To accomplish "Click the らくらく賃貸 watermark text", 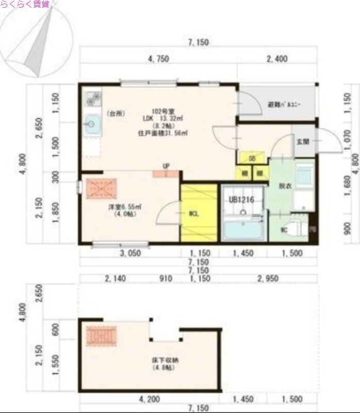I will [24, 4].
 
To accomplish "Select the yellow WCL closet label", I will [194, 213].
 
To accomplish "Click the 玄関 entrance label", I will [302, 142].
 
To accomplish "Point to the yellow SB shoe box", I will [252, 158].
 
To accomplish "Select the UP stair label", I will [166, 166].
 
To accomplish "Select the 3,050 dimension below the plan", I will [130, 253].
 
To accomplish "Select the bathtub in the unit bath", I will [242, 229].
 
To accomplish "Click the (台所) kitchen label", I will [116, 113].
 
